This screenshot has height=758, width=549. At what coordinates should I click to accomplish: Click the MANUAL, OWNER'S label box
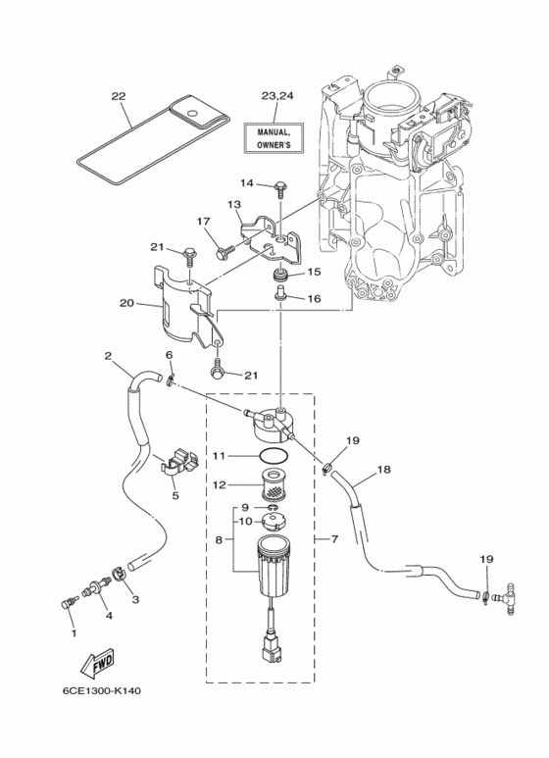tap(274, 138)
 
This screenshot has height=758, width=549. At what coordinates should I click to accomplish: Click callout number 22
tap(119, 96)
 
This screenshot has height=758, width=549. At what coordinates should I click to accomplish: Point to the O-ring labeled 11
tap(274, 455)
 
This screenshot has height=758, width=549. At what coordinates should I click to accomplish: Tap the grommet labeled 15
tap(280, 277)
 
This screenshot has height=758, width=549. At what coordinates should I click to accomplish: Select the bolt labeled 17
tap(225, 251)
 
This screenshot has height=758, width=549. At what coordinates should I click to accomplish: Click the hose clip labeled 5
tap(177, 463)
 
